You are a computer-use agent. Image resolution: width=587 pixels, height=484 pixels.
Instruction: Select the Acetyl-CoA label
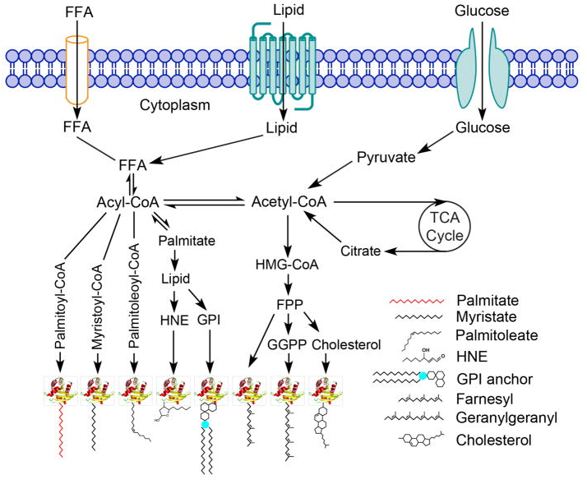click(x=289, y=202)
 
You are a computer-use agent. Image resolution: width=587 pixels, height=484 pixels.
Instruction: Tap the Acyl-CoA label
click(x=128, y=202)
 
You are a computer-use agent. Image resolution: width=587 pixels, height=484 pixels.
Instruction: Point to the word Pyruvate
click(x=386, y=157)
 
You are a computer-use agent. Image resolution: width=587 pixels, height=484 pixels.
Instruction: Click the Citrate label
click(x=361, y=251)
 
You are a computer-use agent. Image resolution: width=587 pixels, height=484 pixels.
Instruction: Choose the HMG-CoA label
click(x=287, y=265)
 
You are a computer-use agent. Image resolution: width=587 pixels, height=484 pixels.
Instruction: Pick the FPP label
click(x=289, y=304)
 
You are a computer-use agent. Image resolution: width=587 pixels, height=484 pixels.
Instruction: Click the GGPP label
click(x=287, y=344)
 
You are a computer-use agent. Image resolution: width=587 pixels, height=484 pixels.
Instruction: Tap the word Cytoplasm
click(x=175, y=105)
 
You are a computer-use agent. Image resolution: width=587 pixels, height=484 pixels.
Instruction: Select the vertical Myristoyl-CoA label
click(x=97, y=307)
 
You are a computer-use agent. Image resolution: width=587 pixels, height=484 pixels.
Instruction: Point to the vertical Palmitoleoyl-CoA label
click(x=134, y=296)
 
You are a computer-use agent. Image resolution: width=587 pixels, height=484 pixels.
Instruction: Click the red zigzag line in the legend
click(x=417, y=301)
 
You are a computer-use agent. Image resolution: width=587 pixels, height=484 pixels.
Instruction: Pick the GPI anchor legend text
click(x=495, y=379)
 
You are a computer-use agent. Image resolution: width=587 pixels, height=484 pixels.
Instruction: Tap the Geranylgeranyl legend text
click(x=506, y=417)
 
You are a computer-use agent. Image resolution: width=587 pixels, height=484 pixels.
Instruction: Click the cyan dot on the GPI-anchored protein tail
click(x=205, y=424)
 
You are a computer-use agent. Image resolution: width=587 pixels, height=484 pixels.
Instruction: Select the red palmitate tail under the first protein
click(x=61, y=431)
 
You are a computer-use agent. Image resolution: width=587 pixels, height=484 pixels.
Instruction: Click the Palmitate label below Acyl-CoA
click(x=187, y=241)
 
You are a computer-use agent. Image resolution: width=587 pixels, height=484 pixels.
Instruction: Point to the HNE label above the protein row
click(x=174, y=320)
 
